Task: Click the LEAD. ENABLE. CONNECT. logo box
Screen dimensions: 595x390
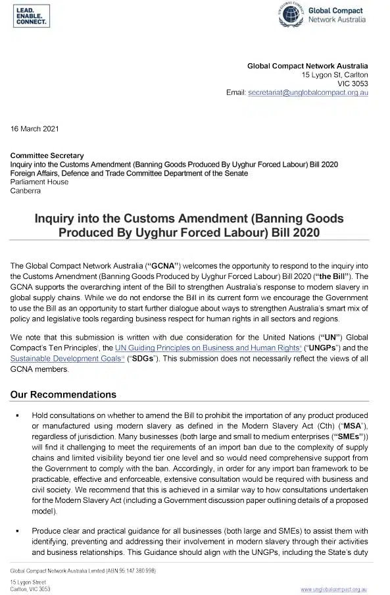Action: pyautogui.click(x=30, y=17)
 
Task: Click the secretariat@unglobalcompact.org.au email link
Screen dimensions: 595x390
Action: pyautogui.click(x=308, y=93)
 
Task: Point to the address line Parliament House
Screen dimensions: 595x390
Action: pyautogui.click(x=39, y=182)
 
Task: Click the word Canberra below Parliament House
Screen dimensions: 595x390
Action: pyautogui.click(x=25, y=191)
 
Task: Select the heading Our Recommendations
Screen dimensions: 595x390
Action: pyautogui.click(x=63, y=395)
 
